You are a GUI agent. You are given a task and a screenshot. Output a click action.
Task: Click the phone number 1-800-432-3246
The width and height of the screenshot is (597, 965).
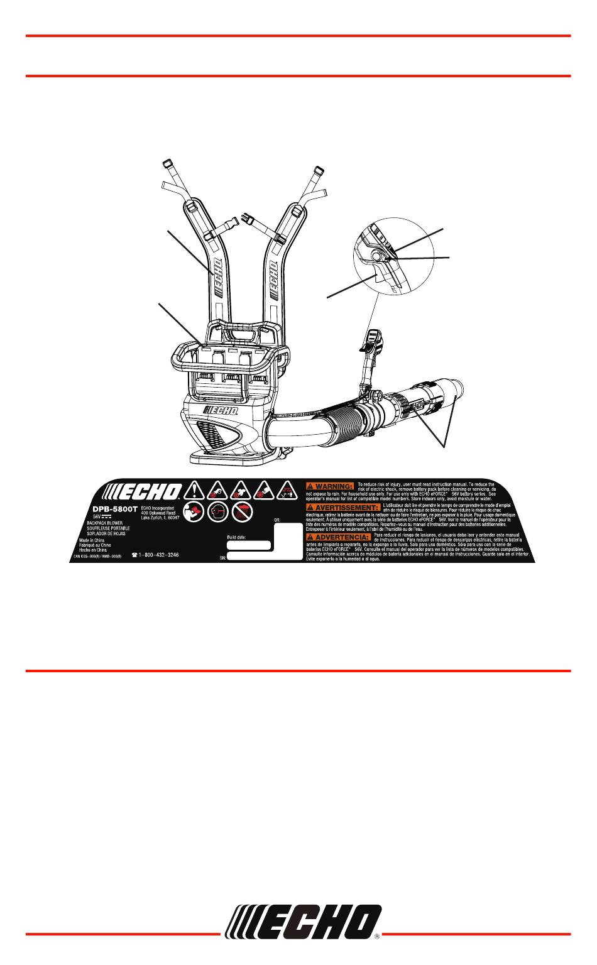pos(160,556)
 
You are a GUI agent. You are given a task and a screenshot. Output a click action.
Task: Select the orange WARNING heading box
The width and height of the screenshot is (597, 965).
pos(329,486)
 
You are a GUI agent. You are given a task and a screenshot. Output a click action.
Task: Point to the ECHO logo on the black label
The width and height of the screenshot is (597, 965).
pos(143,491)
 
